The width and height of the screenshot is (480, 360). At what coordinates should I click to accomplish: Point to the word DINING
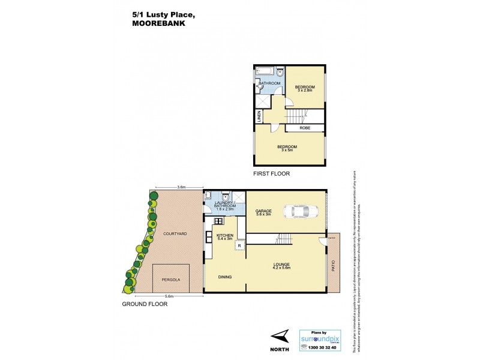(x=225, y=277)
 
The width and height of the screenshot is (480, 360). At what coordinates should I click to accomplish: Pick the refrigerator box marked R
(x=239, y=245)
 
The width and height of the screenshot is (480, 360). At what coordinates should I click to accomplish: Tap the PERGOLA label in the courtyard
(x=171, y=280)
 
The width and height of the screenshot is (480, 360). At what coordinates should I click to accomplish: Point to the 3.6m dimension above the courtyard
(x=181, y=187)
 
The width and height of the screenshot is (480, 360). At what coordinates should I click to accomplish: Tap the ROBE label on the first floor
(x=305, y=127)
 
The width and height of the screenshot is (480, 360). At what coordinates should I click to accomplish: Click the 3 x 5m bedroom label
(x=287, y=149)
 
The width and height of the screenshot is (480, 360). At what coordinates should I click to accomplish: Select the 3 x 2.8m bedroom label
(x=305, y=89)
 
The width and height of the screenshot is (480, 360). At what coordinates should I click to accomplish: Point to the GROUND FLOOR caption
(x=145, y=304)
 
